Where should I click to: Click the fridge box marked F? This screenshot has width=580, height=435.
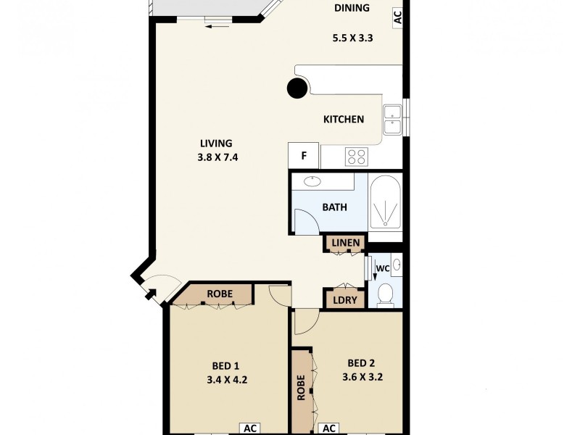pos(304,155)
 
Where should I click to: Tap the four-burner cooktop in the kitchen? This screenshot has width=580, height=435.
pos(357,156)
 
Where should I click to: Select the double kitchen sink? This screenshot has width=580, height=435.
pos(393,120)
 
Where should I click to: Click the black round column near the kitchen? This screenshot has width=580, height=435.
pos(297,89)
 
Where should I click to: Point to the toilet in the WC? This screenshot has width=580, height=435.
pos(386,294)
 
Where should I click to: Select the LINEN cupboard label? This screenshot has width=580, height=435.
pos(346,241)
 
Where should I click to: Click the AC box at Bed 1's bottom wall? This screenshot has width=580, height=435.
pos(250,428)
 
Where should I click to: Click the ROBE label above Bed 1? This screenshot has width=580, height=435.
pos(219,294)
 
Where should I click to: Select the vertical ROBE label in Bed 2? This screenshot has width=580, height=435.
pos(300,388)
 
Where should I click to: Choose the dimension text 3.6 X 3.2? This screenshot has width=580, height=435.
pos(362,377)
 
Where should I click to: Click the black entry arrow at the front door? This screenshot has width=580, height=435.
pos(148,293)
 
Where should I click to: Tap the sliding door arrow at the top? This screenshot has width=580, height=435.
pos(217,27)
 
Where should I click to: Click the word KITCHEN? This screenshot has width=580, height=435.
pos(343,120)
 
